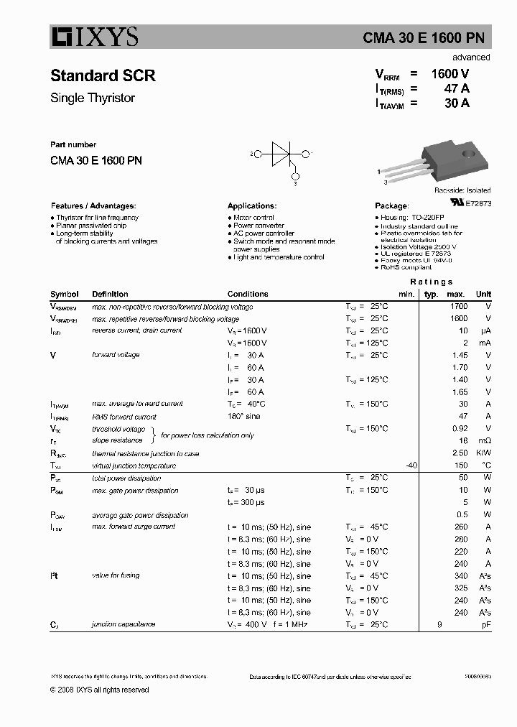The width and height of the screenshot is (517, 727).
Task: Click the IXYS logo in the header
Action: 93,37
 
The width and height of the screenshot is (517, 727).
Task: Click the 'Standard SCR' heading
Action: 103,75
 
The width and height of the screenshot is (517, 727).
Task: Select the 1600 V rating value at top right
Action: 450,73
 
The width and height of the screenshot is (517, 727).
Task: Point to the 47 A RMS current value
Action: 457,88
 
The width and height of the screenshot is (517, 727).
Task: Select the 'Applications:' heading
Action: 252,205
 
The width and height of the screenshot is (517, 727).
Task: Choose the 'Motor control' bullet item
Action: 253,218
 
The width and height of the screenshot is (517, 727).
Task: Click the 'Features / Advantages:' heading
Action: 93,205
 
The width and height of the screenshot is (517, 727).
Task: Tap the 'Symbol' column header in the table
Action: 65,294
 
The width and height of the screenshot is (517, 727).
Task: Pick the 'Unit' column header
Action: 483,294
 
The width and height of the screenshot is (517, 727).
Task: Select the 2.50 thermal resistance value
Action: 459,453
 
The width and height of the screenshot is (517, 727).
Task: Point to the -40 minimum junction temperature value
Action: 411,466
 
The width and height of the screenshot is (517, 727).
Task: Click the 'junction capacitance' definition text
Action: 124,624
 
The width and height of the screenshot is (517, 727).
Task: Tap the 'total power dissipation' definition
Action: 127,478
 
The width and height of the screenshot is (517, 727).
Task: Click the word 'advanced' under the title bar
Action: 471,57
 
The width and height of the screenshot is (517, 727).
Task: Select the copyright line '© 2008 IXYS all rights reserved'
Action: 99,690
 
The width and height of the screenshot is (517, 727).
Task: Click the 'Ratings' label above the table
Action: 431,282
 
